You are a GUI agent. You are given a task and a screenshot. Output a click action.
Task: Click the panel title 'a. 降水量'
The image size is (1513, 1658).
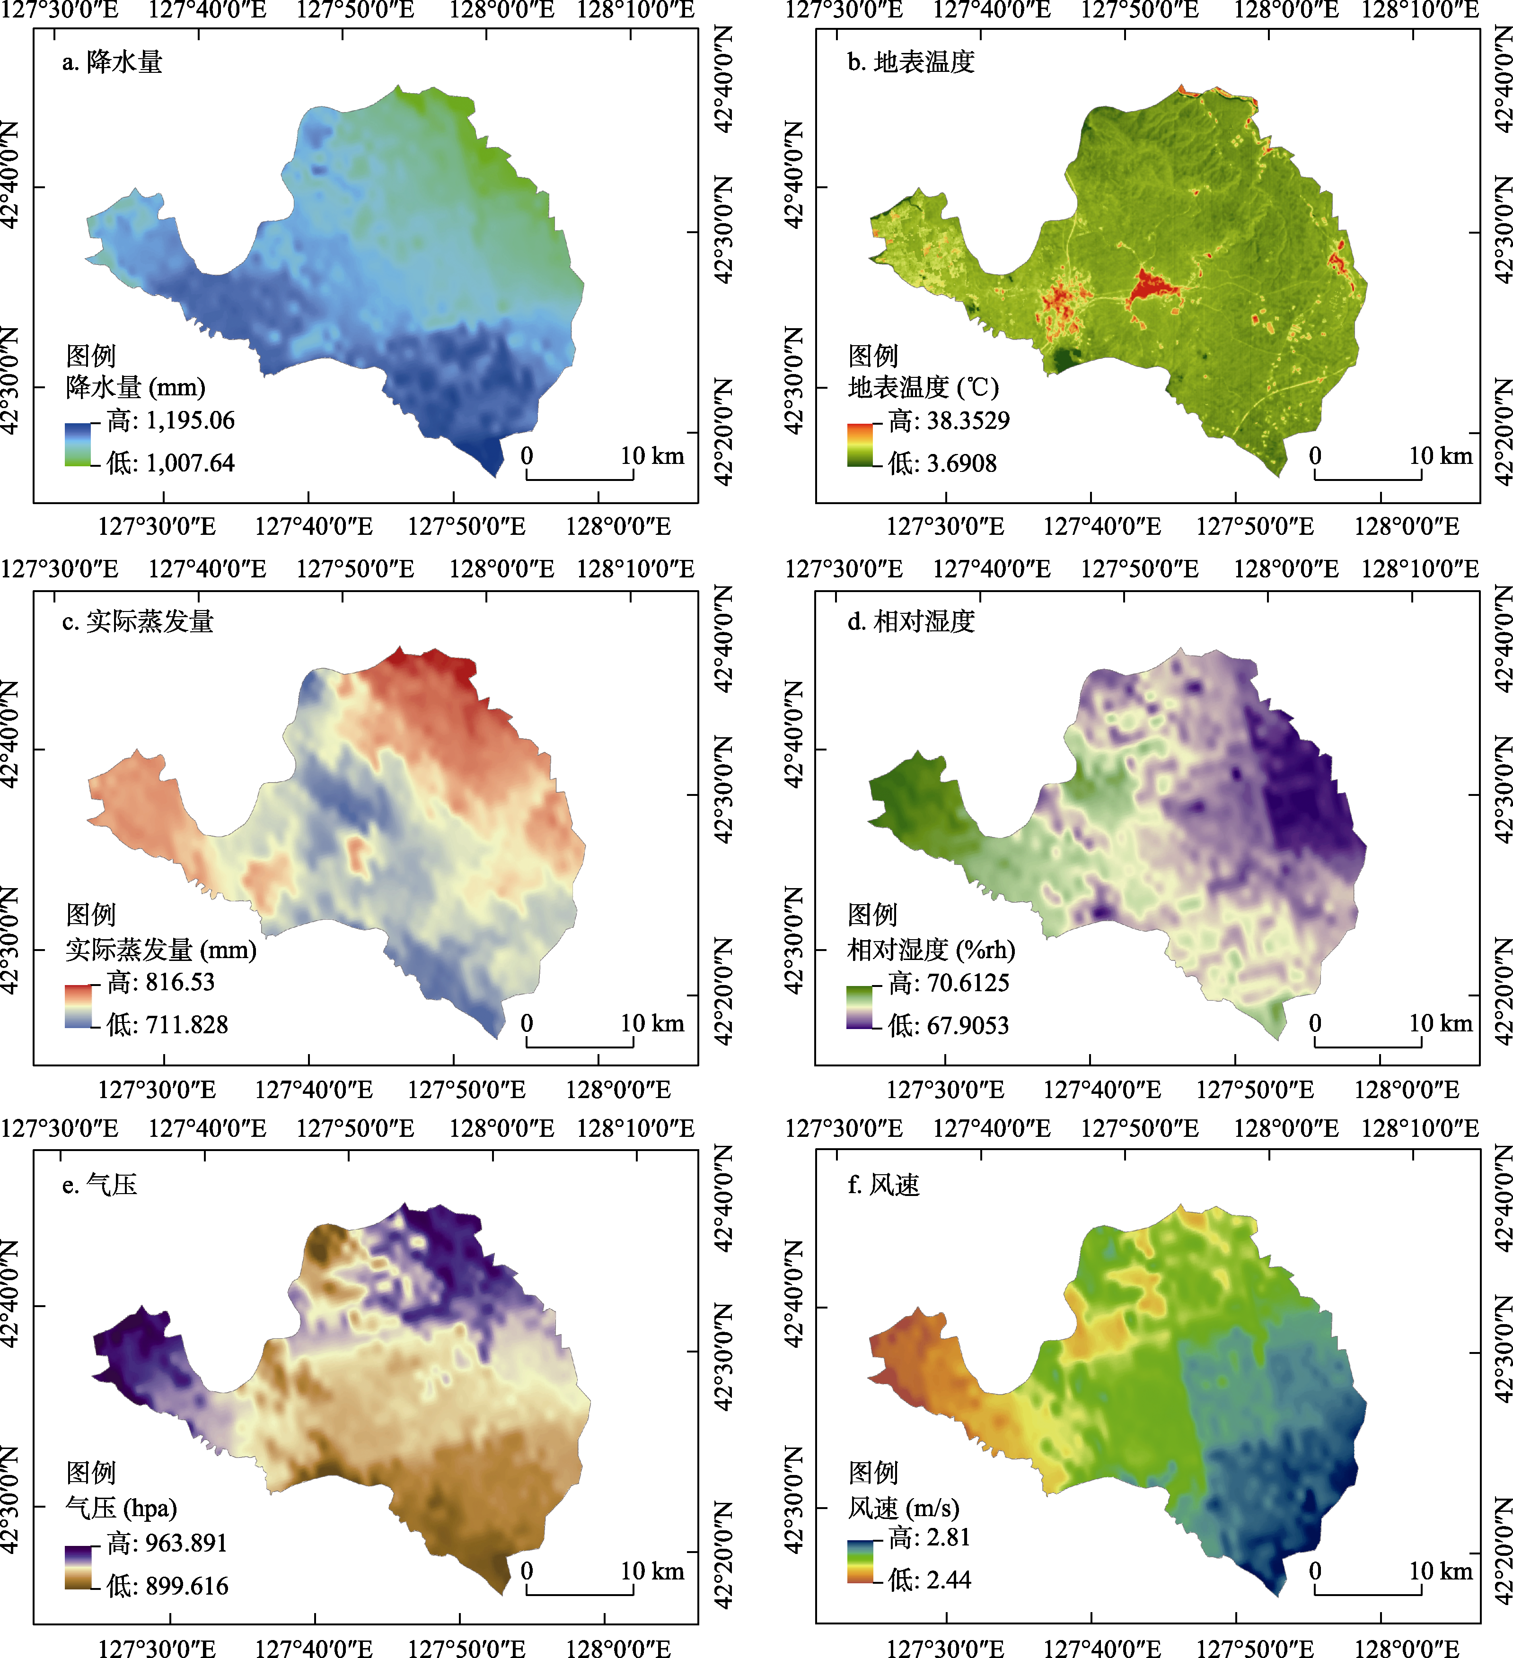tap(113, 61)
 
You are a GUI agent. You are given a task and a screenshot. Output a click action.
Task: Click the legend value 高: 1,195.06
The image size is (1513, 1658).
tap(170, 421)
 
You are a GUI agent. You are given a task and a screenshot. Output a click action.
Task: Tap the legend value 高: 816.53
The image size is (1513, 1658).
tap(160, 982)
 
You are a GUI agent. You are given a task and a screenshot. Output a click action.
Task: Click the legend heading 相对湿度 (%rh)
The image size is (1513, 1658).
tap(932, 950)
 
